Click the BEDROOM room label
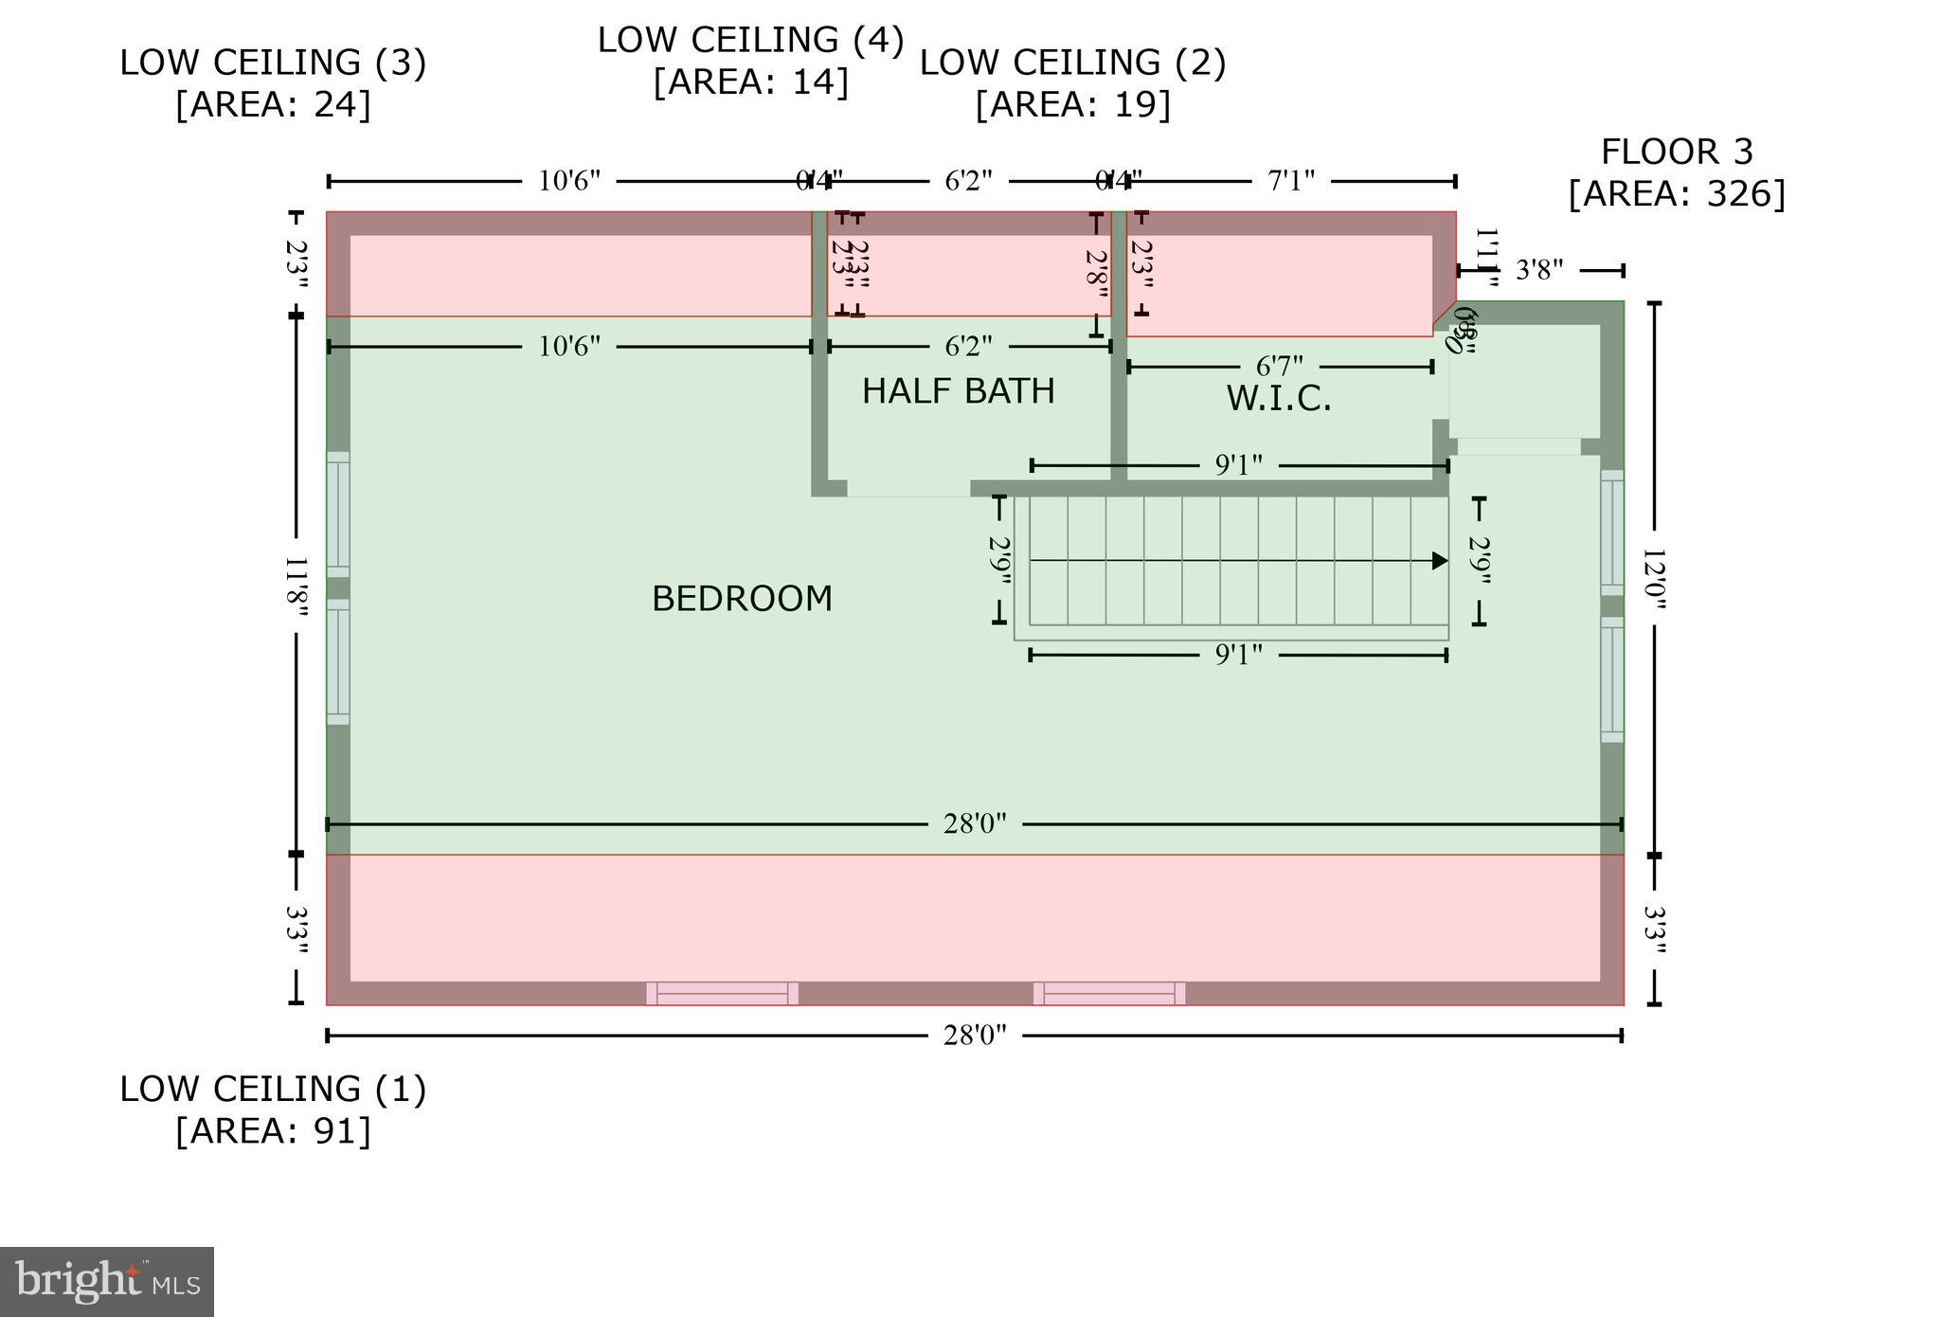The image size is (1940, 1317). point(742,599)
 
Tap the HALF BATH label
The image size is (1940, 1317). point(958,391)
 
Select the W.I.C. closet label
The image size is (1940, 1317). point(1278,399)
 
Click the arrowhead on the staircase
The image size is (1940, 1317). point(1440,561)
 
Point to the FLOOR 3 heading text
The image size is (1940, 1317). point(1677,152)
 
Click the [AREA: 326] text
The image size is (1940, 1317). point(1677,193)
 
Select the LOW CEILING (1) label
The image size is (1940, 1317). point(273,1089)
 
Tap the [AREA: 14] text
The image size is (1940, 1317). point(750,81)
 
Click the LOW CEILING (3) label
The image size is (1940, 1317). point(273,63)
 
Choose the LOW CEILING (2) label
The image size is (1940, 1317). point(1072,63)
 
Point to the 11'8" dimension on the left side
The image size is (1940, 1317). point(296,586)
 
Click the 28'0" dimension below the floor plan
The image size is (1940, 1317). point(974,1035)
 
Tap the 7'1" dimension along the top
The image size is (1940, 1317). point(1290,181)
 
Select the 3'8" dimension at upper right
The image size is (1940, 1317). point(1538,270)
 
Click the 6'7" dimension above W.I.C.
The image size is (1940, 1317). point(1279,366)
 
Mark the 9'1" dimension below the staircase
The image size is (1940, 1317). point(1238,655)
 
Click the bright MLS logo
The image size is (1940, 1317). point(107,1282)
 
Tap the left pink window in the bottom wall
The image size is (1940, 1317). point(722,993)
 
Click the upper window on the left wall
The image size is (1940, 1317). point(338,514)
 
